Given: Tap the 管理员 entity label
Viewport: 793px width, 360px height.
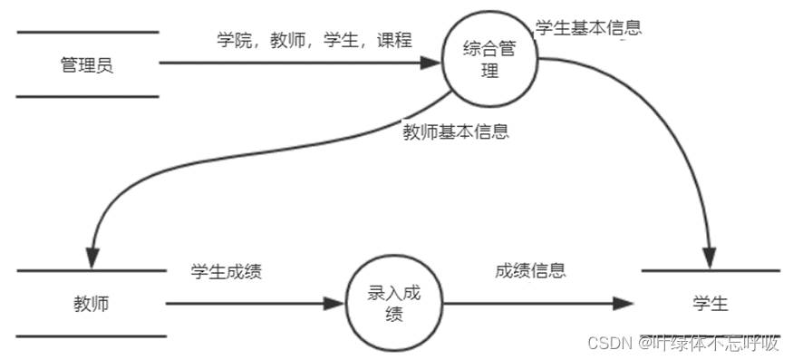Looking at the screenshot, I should [86, 64].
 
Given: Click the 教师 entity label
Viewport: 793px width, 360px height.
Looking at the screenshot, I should [91, 304].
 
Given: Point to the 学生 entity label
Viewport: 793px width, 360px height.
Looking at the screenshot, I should [710, 304].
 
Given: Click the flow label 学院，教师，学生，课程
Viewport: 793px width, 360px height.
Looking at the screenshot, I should [314, 40].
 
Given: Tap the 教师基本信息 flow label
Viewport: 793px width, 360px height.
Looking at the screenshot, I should [456, 131].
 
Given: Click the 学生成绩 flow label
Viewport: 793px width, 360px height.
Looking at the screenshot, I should [226, 271].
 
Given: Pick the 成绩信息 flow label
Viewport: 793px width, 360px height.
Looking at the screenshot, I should [530, 270].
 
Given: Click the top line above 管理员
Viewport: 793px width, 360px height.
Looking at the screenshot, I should [87, 32].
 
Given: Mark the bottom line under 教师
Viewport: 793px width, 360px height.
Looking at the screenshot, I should [92, 336].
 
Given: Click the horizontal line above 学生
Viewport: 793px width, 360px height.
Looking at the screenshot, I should [710, 271].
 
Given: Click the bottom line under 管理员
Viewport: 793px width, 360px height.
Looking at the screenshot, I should [87, 96].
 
